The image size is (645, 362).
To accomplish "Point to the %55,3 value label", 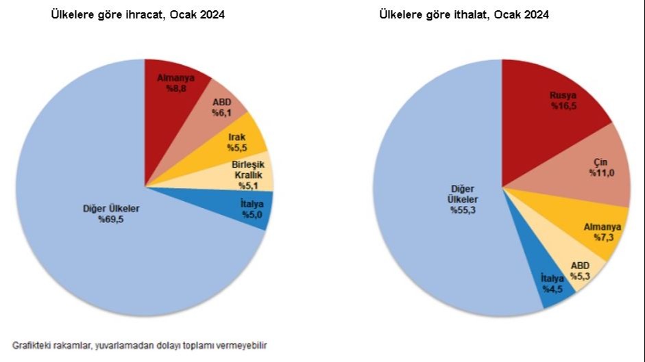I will tap(463, 209).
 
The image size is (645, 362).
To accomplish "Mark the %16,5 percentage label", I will tap(563, 107).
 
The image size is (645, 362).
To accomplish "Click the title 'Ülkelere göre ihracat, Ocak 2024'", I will tap(138, 14).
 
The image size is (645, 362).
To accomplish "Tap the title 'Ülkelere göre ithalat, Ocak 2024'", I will tap(464, 14).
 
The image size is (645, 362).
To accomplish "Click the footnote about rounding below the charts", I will tap(140, 346).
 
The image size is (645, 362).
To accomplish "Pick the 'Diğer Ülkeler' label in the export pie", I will tap(111, 209).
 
